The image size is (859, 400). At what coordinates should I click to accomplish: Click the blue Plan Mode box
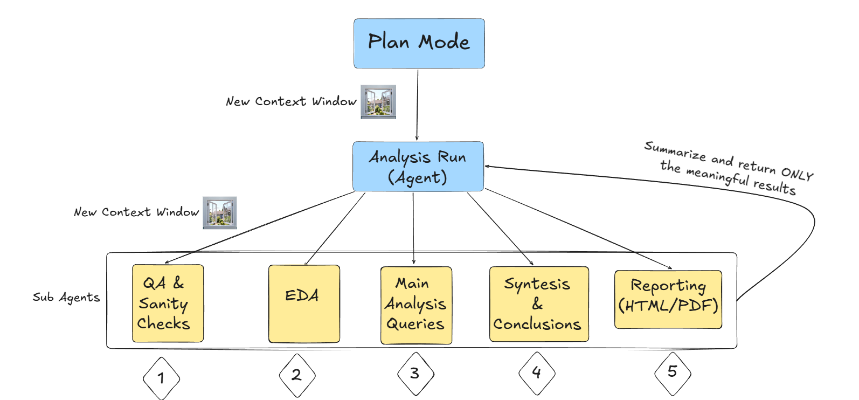coord(419,43)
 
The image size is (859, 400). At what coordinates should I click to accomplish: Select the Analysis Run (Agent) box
coord(418,167)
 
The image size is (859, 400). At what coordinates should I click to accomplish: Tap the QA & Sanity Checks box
coord(168,303)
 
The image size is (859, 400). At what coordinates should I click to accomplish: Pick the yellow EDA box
coord(304,304)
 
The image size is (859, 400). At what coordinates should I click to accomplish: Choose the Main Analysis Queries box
coord(416,305)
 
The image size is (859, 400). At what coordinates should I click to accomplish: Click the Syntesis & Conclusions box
coord(538,304)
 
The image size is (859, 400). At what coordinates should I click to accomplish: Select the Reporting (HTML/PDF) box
coord(668,299)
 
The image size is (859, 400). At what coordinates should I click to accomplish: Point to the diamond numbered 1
coord(161,378)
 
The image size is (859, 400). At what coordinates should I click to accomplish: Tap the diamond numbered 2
coord(297,375)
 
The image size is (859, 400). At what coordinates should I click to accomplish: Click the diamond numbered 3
coord(415,373)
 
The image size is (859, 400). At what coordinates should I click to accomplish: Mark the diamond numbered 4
coord(537,373)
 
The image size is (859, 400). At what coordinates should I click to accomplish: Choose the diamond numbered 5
coord(673,372)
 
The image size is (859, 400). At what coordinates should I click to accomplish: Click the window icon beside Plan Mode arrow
coord(378,101)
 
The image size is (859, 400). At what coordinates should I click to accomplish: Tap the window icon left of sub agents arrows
coord(220,212)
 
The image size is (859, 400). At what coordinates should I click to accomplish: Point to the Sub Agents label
coord(66,298)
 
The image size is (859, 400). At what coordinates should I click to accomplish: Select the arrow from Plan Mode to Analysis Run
coord(417,105)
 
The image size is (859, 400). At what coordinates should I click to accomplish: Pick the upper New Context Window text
coord(291,101)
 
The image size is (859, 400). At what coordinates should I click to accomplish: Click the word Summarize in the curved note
coord(675,150)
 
